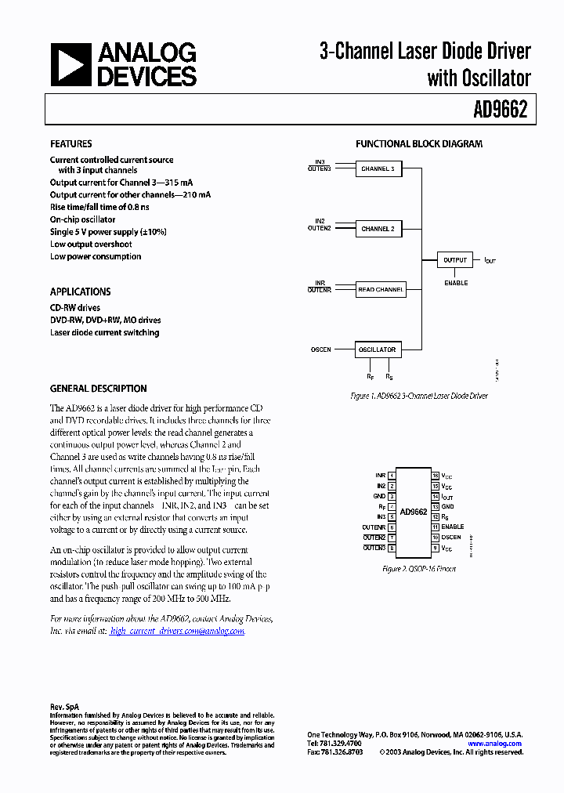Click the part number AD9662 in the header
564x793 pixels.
pyautogui.click(x=500, y=110)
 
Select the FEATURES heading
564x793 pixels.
pyautogui.click(x=70, y=144)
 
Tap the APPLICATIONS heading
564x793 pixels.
pyautogui.click(x=80, y=291)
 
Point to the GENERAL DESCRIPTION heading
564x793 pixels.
pyautogui.click(x=98, y=389)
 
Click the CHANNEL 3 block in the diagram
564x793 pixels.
pyautogui.click(x=378, y=168)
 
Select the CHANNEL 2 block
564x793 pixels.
pyautogui.click(x=378, y=229)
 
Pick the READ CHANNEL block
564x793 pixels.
pyautogui.click(x=380, y=289)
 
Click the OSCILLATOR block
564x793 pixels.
pyautogui.click(x=377, y=349)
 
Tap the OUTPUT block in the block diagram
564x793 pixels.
pyautogui.click(x=455, y=259)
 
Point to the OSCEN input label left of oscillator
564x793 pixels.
pyautogui.click(x=321, y=349)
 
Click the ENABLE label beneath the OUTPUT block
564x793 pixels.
pyautogui.click(x=456, y=283)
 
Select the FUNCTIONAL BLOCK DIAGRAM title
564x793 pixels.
pyautogui.click(x=419, y=144)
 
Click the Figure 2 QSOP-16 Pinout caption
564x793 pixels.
pyautogui.click(x=418, y=568)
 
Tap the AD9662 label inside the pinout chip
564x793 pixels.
pyautogui.click(x=413, y=512)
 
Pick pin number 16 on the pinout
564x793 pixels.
pyautogui.click(x=435, y=476)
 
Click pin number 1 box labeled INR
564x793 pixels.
pyautogui.click(x=391, y=476)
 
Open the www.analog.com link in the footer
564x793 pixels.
pyautogui.click(x=495, y=744)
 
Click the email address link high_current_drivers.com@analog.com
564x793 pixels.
pyautogui.click(x=177, y=631)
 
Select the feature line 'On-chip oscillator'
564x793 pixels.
pyautogui.click(x=82, y=219)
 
